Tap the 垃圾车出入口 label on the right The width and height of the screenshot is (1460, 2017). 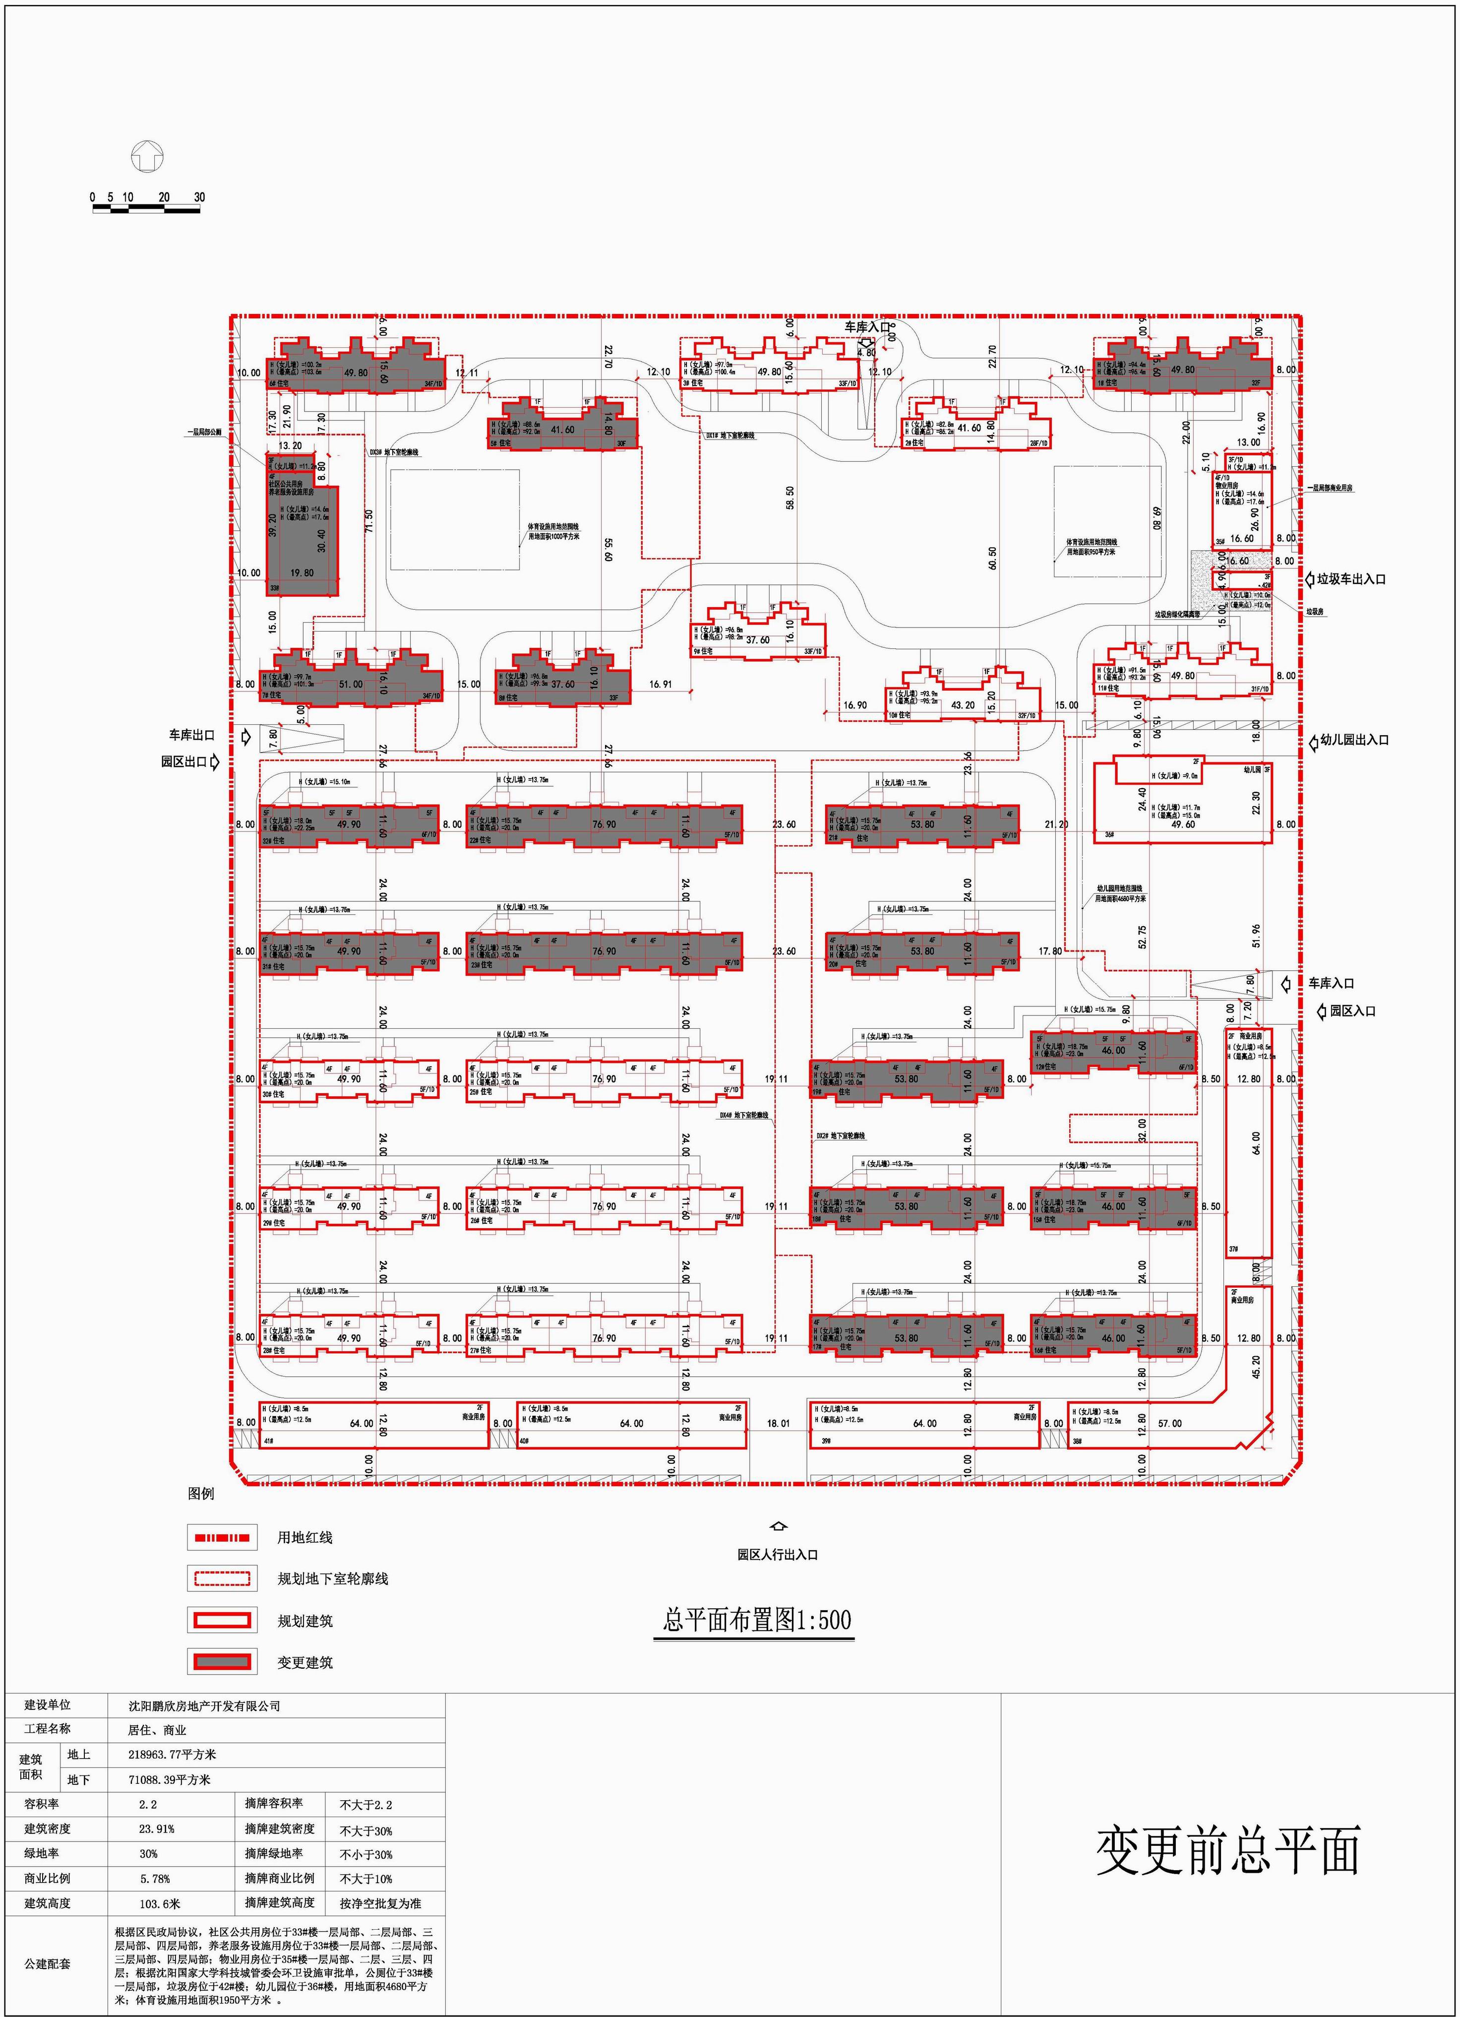(1350, 579)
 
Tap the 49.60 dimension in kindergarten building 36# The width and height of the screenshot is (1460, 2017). (1183, 824)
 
